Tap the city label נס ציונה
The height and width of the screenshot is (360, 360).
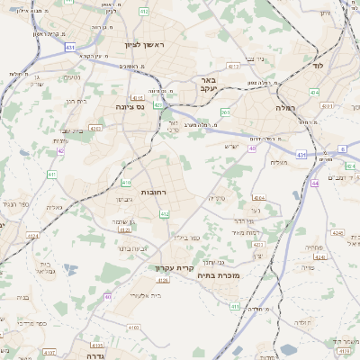pyautogui.click(x=131, y=106)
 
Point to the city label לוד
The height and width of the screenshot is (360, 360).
pyautogui.click(x=317, y=66)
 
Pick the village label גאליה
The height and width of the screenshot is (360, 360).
pyautogui.click(x=54, y=207)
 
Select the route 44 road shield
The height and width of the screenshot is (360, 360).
pyautogui.click(x=314, y=183)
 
